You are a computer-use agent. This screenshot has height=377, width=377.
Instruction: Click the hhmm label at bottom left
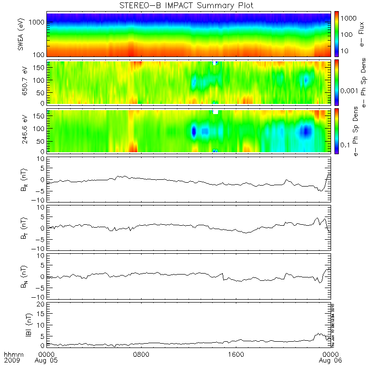(x=12, y=354)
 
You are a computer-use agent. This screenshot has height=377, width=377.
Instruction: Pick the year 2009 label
(x=12, y=361)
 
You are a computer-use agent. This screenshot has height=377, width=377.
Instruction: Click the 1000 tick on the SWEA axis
(x=38, y=23)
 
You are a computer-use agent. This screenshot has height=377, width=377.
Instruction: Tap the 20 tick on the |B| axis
(x=42, y=304)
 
